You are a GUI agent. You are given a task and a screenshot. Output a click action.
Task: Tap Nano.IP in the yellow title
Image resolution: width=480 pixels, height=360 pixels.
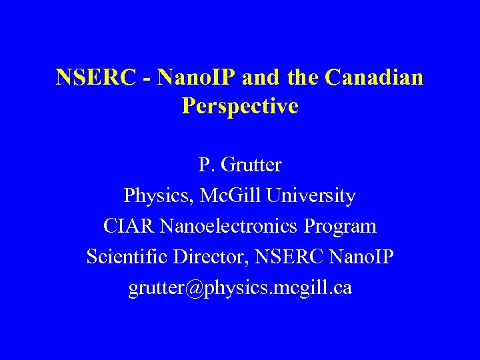(x=199, y=78)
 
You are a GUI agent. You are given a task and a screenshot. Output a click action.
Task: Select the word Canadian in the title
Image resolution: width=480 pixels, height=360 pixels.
(x=374, y=78)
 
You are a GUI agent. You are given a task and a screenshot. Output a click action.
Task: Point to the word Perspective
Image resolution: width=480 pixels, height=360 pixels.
(x=240, y=107)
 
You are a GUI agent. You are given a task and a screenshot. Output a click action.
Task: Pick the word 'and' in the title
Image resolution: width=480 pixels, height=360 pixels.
(x=262, y=78)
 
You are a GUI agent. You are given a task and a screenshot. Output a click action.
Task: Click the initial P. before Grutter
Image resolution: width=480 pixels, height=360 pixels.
(x=205, y=165)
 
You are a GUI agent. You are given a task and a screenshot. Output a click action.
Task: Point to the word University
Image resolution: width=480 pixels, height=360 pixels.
(x=311, y=197)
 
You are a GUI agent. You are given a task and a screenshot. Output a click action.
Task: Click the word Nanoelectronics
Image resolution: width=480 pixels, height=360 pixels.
(x=227, y=227)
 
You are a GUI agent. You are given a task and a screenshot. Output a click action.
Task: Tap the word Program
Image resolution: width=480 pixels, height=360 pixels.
(x=340, y=227)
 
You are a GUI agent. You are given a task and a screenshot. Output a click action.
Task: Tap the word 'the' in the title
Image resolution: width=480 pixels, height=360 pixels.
(x=303, y=78)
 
